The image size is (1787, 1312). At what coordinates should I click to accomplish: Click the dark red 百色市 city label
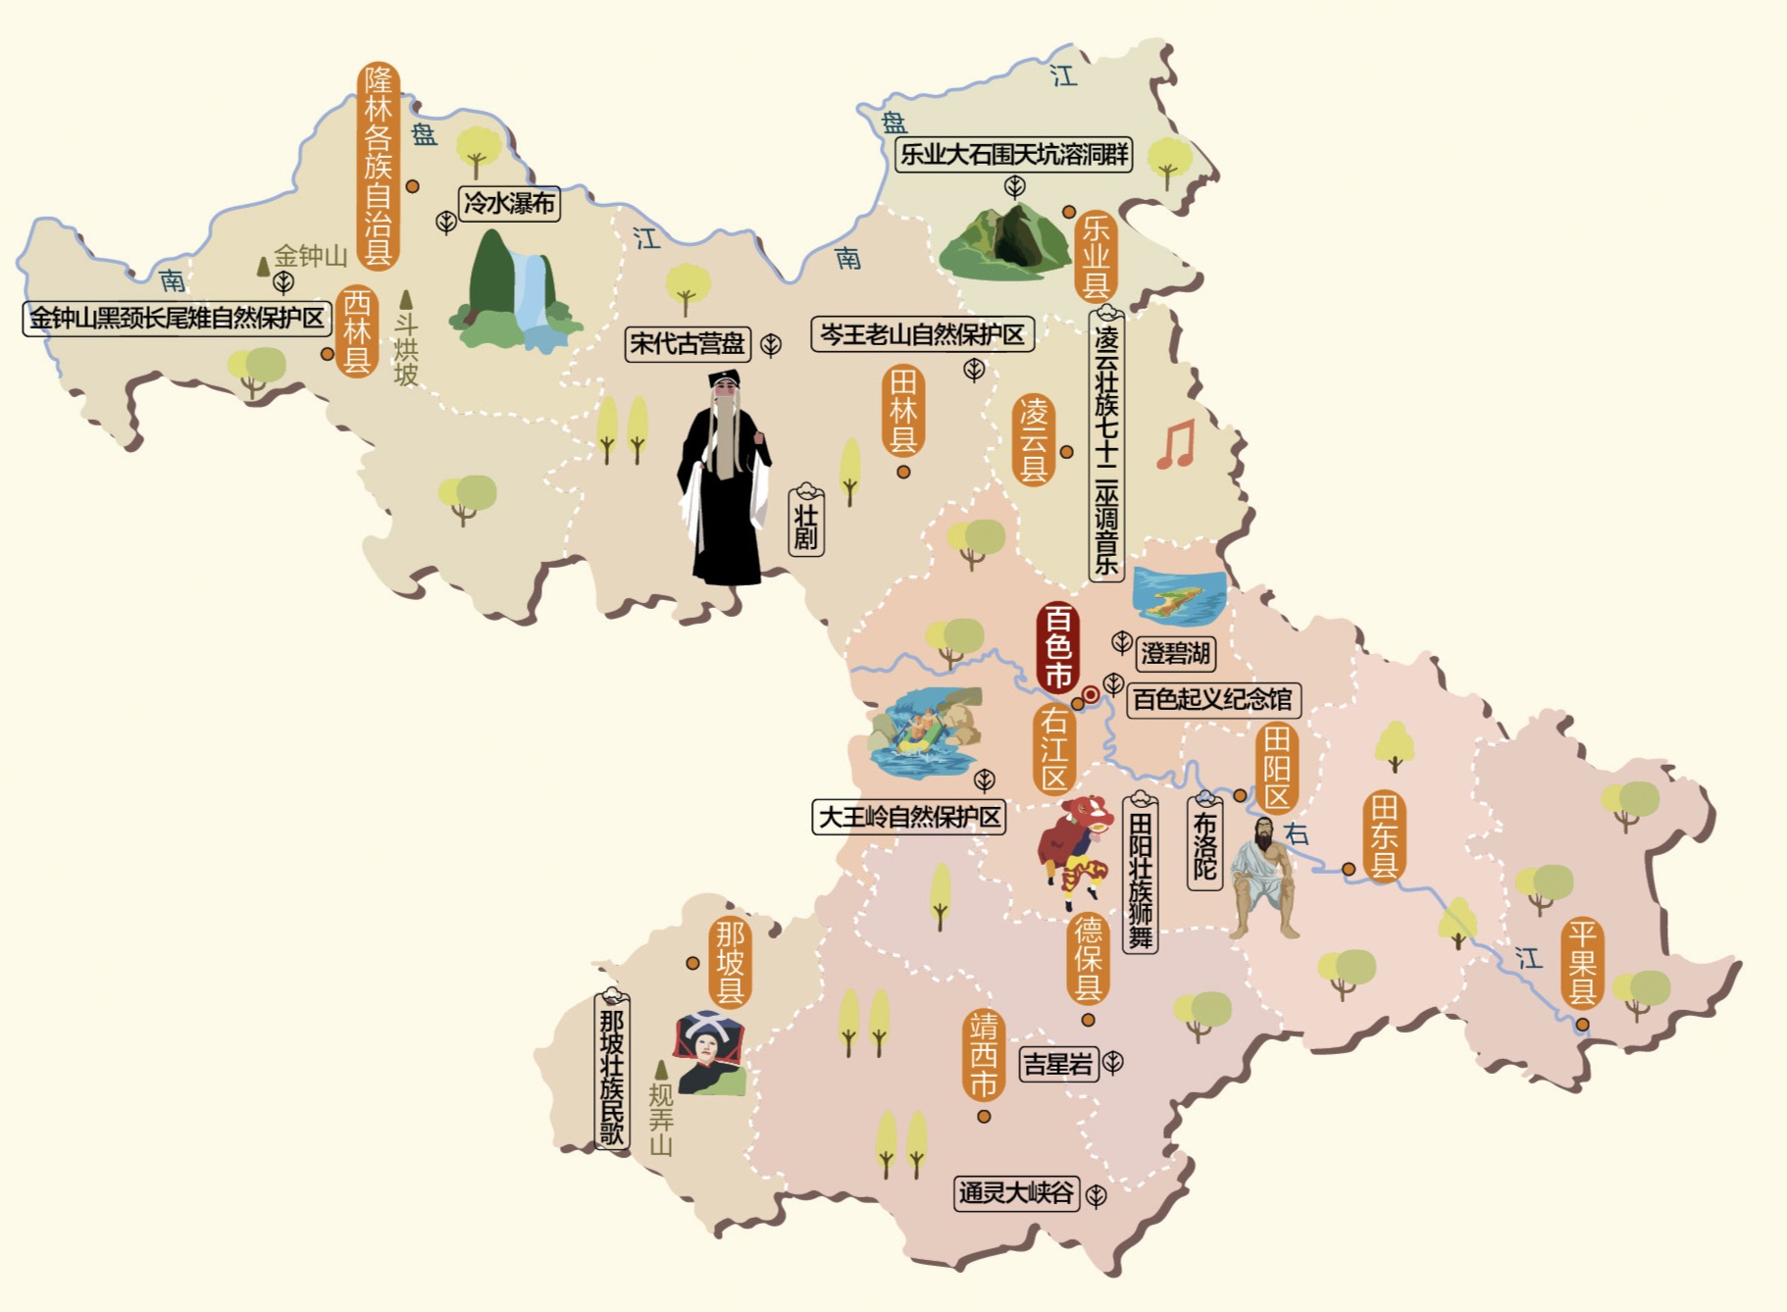click(x=1057, y=647)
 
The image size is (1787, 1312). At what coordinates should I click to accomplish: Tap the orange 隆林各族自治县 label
click(x=379, y=166)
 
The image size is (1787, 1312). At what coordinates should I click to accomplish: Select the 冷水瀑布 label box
click(x=509, y=203)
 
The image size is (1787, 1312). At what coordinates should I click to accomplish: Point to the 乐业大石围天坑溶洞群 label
click(x=1014, y=154)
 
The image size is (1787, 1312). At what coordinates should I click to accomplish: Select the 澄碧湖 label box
click(x=1176, y=653)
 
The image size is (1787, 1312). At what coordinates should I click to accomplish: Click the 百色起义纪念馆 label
click(x=1213, y=699)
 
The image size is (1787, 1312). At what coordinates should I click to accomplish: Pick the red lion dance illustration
click(x=1076, y=849)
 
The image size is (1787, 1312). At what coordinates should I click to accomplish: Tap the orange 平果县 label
click(x=1581, y=963)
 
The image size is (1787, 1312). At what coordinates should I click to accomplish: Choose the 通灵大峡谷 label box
click(x=1016, y=1192)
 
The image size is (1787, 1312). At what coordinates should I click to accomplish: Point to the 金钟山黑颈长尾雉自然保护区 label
click(x=177, y=318)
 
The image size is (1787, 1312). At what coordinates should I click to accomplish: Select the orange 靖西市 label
click(x=983, y=1055)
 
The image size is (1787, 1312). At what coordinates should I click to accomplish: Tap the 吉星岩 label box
click(x=1057, y=1063)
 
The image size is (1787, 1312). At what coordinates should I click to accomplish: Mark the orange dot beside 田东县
click(x=1349, y=869)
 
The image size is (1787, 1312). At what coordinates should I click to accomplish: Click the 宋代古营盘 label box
click(x=688, y=343)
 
